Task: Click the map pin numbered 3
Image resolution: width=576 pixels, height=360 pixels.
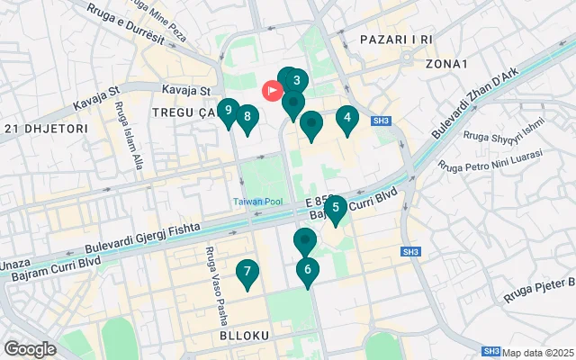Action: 296,81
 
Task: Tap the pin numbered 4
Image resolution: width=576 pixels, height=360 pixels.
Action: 347,118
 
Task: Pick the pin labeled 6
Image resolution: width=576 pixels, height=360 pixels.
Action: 308,270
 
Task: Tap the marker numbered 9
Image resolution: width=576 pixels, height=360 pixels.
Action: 229,112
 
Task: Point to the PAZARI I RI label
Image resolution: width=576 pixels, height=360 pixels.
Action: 396,40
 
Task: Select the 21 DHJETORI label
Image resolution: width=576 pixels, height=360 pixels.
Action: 45,129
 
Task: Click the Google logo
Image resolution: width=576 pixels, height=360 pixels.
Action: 30,348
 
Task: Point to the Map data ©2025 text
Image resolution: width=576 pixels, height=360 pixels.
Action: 538,352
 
